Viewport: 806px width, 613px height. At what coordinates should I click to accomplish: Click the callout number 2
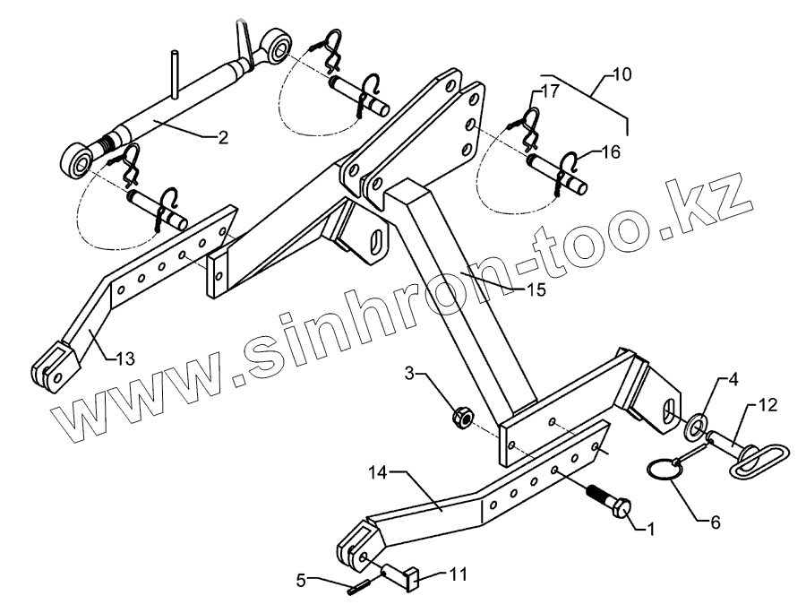click(223, 138)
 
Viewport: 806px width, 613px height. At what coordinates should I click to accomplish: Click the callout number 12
click(767, 406)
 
